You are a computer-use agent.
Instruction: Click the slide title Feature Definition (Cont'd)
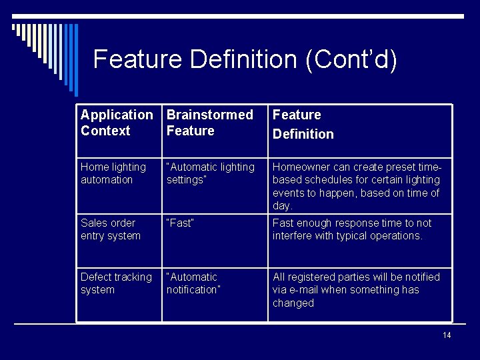245,59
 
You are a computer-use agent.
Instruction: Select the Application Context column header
116,123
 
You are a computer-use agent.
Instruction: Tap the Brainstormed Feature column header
209,123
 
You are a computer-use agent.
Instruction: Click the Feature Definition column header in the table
303,124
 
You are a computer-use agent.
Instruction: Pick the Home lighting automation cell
113,173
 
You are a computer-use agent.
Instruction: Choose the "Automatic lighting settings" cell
210,173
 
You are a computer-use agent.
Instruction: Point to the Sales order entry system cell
110,229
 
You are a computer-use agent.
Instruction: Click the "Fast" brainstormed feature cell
180,223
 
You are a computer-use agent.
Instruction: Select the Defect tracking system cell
116,283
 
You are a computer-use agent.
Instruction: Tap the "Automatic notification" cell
193,283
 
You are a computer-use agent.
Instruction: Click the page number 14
447,335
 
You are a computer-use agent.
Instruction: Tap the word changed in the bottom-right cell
293,303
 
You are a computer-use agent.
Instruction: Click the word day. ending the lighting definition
283,206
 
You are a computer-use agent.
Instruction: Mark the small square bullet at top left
14,27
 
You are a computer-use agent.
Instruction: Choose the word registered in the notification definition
311,277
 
